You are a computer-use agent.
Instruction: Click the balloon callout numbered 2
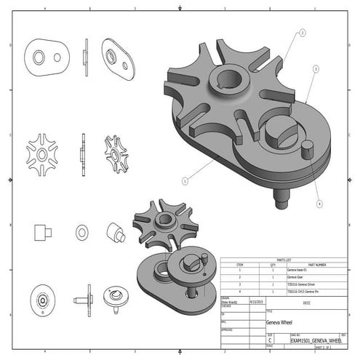click(302, 33)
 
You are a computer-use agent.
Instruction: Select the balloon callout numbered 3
click(316, 68)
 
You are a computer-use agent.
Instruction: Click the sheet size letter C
click(270, 340)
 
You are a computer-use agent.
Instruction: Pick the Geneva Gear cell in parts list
click(297, 277)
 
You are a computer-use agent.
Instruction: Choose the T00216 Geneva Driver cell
click(303, 284)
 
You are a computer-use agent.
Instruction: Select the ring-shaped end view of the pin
click(81, 232)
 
